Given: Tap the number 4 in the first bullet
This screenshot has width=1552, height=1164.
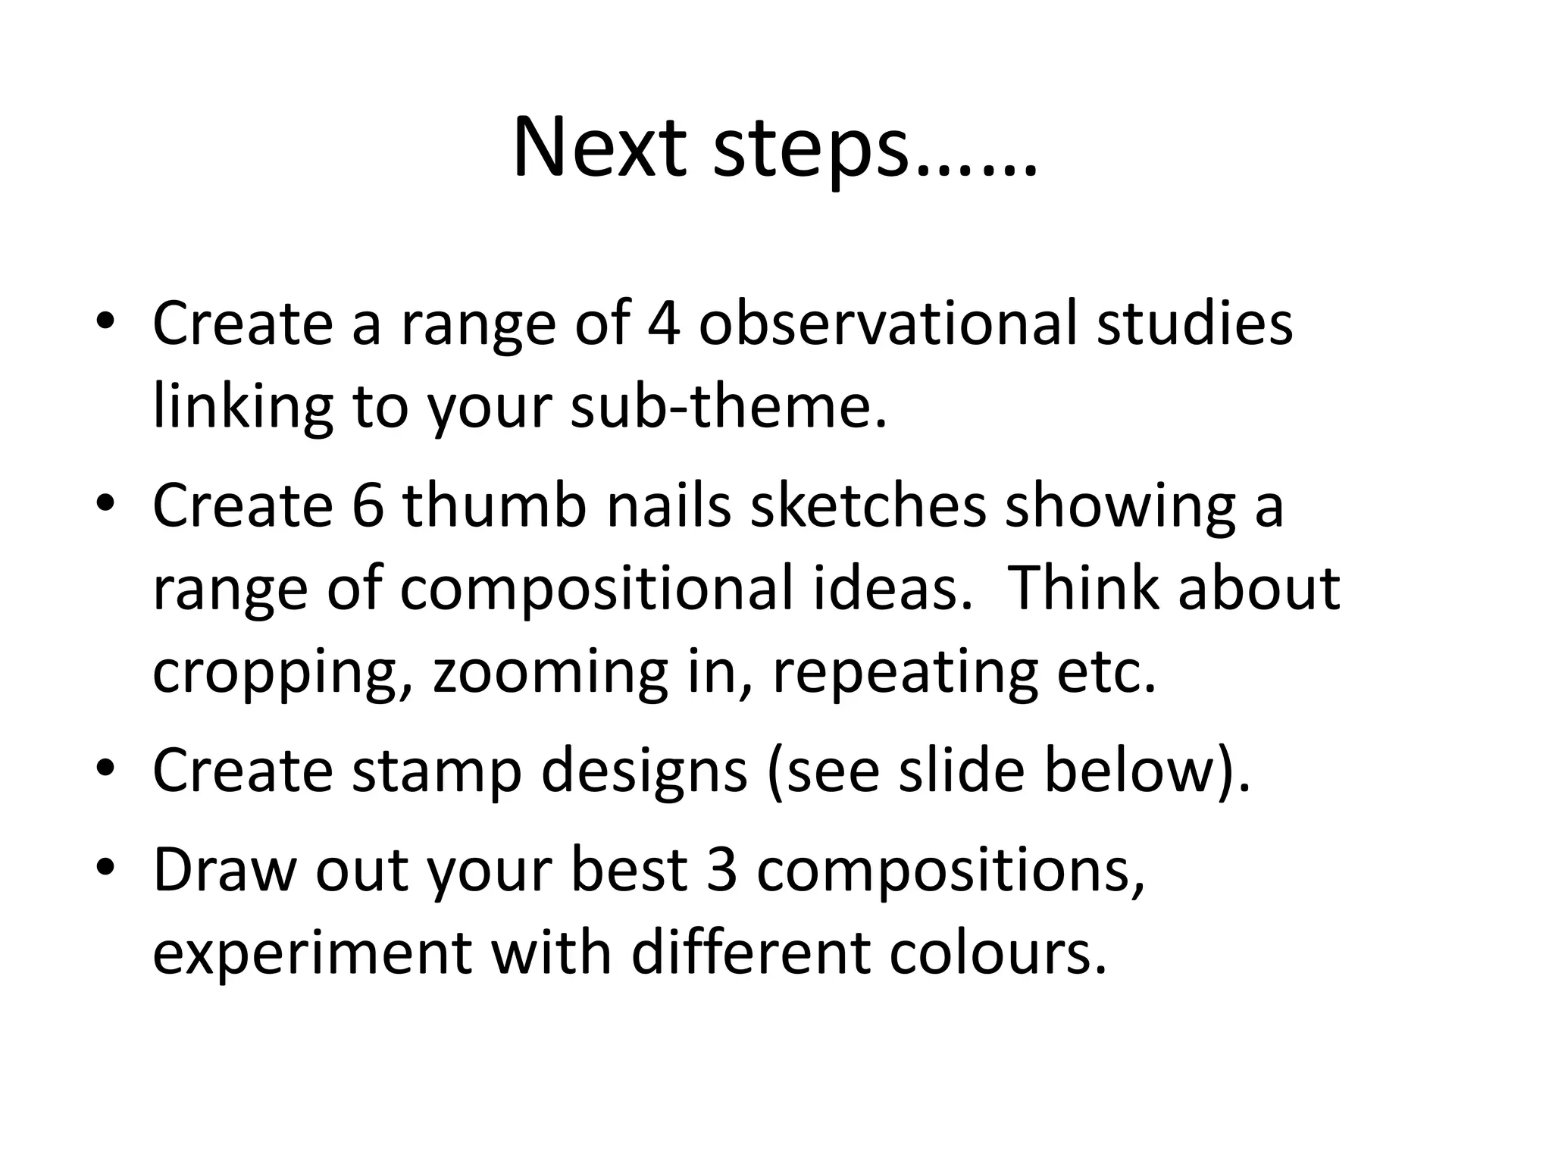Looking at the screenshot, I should coord(663,323).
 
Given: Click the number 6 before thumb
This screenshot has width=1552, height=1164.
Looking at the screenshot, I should coord(368,505).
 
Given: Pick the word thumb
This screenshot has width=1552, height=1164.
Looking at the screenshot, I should coord(494,505).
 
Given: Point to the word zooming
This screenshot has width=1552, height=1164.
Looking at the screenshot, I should coord(551,673).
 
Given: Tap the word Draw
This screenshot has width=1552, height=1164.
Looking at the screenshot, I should coord(224,869).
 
